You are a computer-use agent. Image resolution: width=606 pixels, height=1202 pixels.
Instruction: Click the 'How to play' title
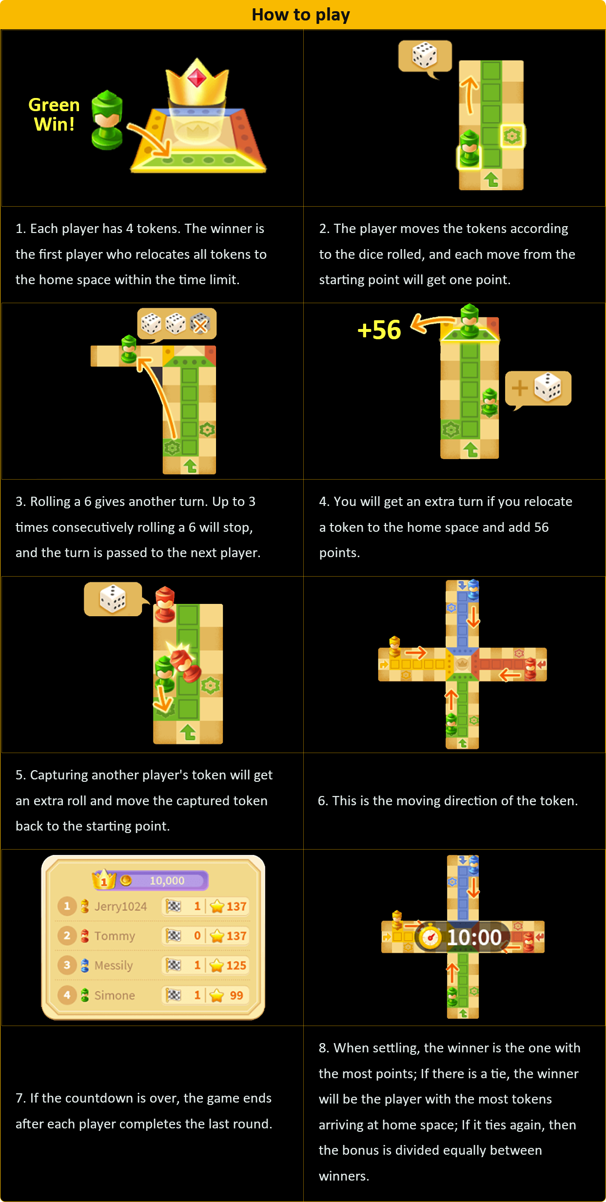click(x=301, y=15)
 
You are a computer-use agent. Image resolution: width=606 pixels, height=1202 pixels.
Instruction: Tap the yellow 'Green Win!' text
click(x=54, y=115)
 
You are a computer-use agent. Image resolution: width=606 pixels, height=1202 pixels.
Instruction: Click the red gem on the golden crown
click(x=197, y=77)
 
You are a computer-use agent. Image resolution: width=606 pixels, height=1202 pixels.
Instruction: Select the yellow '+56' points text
click(x=379, y=330)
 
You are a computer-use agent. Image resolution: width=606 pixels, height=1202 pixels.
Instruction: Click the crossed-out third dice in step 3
click(x=200, y=324)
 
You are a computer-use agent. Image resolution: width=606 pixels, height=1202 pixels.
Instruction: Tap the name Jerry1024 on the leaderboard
click(x=120, y=907)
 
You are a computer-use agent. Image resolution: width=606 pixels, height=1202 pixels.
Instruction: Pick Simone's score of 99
click(x=236, y=995)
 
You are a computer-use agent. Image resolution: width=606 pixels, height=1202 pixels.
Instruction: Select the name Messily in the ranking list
click(x=114, y=966)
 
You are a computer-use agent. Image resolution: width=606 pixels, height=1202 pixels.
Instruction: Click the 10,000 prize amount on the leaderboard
click(x=167, y=881)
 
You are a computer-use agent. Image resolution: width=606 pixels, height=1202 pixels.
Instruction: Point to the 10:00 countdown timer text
click(x=474, y=937)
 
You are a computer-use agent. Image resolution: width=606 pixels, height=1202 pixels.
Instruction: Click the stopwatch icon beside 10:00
click(x=430, y=936)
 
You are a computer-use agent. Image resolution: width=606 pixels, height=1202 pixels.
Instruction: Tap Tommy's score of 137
click(x=236, y=936)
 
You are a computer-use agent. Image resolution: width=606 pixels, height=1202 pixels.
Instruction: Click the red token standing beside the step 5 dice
click(x=165, y=604)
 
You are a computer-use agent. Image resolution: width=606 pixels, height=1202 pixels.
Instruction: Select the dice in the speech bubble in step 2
click(x=425, y=55)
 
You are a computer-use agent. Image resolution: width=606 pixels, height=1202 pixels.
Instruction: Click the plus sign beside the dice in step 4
click(x=520, y=388)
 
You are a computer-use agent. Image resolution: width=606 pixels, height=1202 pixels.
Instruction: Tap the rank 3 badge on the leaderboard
click(x=67, y=965)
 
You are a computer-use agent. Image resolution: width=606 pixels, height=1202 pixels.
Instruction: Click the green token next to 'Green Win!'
click(x=107, y=120)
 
